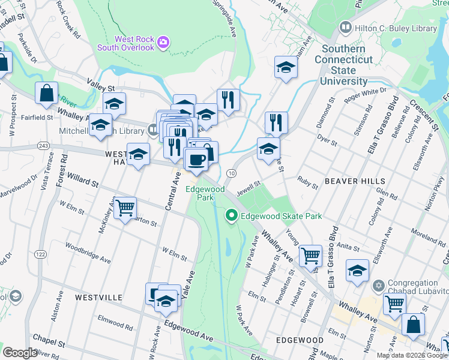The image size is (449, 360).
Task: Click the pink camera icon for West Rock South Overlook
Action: (163, 43)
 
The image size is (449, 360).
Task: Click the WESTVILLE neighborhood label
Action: (100, 297)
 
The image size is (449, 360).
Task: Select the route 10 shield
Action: (231, 173)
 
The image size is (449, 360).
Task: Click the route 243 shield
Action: (43, 146)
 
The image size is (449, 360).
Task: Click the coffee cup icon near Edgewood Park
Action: (196, 160)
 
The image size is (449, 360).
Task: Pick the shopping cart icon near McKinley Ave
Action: (125, 208)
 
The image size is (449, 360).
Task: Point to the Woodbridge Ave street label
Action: (88, 253)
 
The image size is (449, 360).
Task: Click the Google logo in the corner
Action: (20, 353)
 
